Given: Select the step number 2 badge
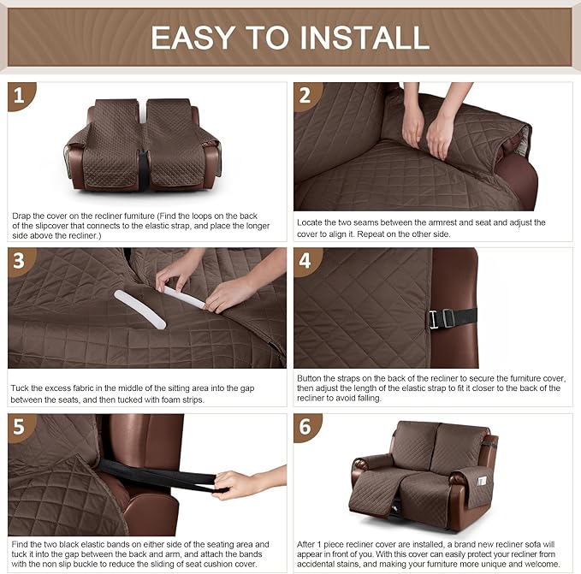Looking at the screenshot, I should pyautogui.click(x=306, y=96).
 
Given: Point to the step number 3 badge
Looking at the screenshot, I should pyautogui.click(x=21, y=261).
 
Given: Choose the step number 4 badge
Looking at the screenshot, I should pyautogui.click(x=306, y=261).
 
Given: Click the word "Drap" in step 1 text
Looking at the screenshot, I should pyautogui.click(x=21, y=216).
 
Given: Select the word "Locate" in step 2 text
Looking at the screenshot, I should pyautogui.click(x=311, y=222).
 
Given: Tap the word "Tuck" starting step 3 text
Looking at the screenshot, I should pyautogui.click(x=21, y=388).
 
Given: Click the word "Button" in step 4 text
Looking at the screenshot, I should pyautogui.click(x=311, y=377).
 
